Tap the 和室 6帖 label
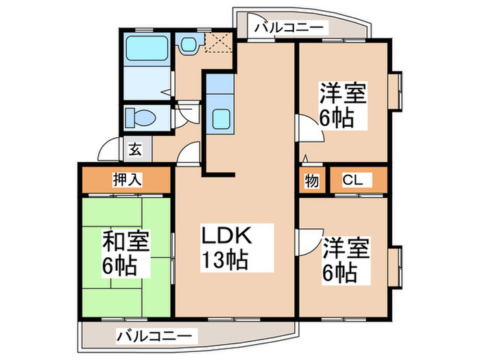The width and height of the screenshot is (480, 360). tap(125, 253)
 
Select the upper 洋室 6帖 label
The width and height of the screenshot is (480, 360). tap(343, 105)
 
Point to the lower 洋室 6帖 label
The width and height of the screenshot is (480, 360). tap(346, 260)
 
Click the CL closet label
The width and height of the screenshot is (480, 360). tap(352, 180)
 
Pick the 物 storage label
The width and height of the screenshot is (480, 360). tap(311, 181)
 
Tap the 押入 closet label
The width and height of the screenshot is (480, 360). tap(128, 180)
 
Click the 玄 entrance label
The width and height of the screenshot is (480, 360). tap(135, 149)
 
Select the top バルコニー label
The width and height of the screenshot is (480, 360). tap(289, 28)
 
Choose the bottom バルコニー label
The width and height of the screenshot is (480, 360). tap(155, 336)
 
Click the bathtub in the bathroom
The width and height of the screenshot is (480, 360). tap(147, 49)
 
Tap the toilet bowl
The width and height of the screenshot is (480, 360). tap(141, 117)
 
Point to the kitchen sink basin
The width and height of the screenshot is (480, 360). tap(221, 119)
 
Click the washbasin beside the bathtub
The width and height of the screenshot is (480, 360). tap(189, 45)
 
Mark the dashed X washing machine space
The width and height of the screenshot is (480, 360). tap(219, 43)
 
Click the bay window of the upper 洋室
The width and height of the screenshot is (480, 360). tap(395, 91)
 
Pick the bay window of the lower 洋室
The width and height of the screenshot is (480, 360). tap(395, 267)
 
